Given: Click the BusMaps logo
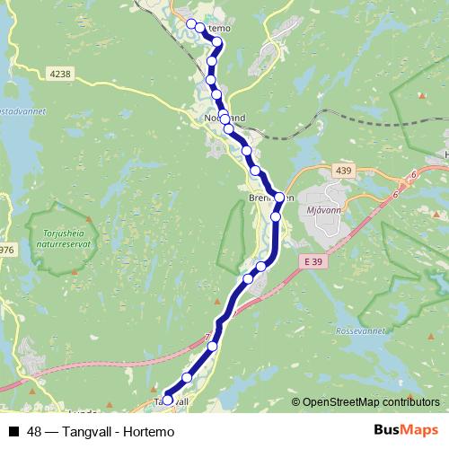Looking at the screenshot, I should [406, 431].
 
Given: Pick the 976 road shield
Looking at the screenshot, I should [6, 250].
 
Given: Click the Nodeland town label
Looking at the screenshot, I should [224, 118].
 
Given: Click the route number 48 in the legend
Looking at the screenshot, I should [34, 432].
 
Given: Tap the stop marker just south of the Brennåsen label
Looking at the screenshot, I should [276, 216].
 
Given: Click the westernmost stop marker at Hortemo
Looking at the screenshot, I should [190, 23].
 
